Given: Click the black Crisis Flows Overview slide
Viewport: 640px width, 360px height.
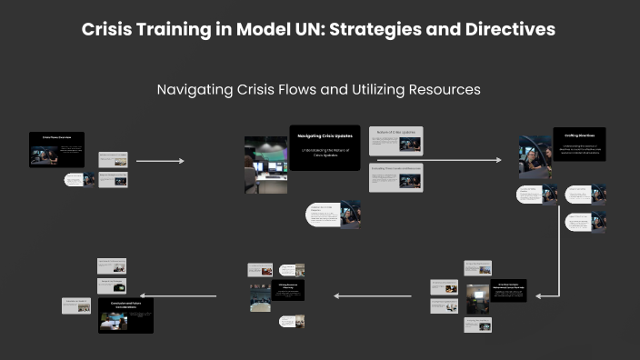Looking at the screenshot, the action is (56, 149).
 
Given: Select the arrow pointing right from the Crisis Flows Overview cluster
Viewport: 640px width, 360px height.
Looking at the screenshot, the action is (160, 161).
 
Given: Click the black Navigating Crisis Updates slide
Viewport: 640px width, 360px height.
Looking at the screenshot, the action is (325, 145).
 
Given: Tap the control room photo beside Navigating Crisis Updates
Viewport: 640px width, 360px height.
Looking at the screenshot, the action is (265, 164).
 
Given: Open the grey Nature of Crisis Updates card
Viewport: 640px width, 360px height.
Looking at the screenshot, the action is (395, 140).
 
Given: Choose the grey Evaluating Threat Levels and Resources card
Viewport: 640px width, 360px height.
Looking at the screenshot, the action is (395, 176).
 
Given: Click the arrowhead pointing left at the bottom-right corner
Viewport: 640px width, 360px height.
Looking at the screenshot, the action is (542, 295).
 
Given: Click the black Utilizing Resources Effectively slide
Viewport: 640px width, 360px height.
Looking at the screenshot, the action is (288, 289).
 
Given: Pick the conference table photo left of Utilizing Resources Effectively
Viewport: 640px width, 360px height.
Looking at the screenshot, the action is (261, 295).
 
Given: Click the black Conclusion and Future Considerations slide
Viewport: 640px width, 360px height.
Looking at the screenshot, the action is (125, 315).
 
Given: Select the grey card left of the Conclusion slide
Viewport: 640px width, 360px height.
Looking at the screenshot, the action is (76, 305).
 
